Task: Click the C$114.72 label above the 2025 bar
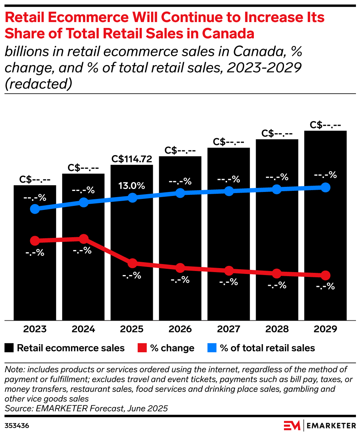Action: (132, 159)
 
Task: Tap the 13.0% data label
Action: (132, 185)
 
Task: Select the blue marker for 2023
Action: (35, 209)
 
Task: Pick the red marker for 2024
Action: (84, 239)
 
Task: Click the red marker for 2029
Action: (325, 275)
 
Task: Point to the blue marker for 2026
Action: (180, 193)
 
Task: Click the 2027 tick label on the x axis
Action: (229, 329)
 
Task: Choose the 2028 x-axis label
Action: (277, 329)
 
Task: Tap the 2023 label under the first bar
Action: (35, 329)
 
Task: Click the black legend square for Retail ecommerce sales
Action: (9, 348)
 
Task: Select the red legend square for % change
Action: (142, 348)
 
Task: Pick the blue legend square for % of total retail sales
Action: (212, 348)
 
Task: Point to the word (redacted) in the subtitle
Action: (38, 84)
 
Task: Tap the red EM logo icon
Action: (292, 425)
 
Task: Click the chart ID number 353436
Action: (17, 426)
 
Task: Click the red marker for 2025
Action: (132, 263)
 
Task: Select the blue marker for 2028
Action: (277, 189)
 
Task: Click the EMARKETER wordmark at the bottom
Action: (331, 426)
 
